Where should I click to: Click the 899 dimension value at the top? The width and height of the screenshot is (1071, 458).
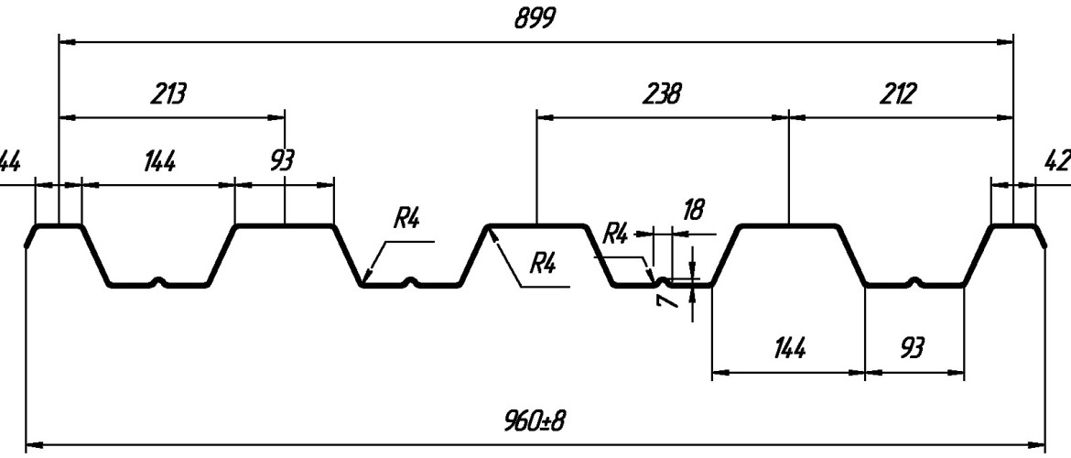535,19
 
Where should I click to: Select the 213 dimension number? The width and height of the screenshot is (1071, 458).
168,94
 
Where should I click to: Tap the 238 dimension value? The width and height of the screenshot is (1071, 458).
661,94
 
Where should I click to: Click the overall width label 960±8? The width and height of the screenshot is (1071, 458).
535,421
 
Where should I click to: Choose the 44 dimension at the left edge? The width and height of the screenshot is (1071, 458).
9,161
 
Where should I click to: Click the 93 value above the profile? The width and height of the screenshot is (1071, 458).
283,162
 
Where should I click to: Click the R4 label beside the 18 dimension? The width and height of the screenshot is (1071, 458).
616,233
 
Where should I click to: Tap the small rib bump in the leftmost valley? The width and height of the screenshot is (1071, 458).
160,281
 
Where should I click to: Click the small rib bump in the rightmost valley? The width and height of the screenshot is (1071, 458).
914,280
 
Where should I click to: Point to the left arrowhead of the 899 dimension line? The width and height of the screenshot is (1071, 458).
65,41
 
